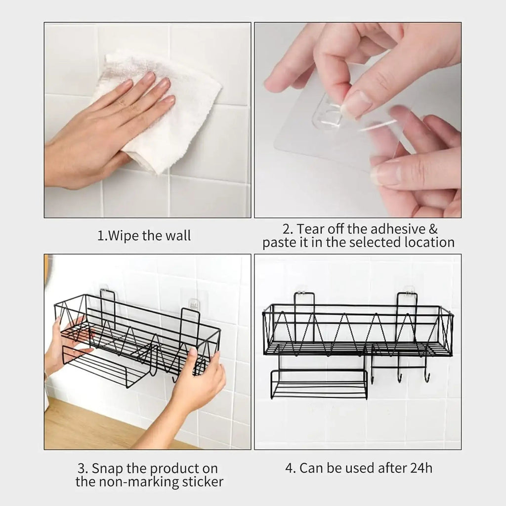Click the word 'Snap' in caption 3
110,468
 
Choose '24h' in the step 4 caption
419,468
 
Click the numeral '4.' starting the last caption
291,468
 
